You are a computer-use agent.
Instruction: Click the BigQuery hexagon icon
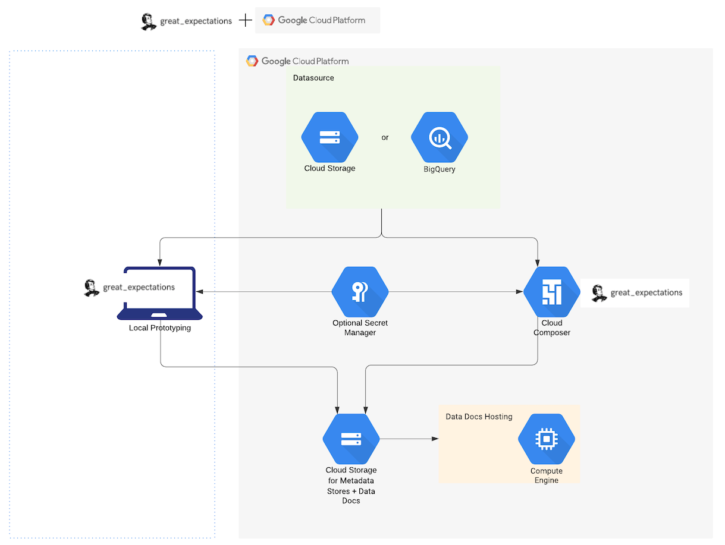[x=440, y=137]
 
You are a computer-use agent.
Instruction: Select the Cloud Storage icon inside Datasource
[x=329, y=137]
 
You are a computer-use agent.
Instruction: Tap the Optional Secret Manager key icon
[x=360, y=292]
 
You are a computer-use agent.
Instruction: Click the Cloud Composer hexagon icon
[x=551, y=292]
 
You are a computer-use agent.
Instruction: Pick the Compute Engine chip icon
[x=546, y=439]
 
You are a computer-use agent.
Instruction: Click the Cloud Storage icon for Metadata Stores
[x=351, y=439]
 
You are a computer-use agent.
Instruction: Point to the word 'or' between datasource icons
[x=385, y=137]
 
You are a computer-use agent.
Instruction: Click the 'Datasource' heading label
[x=313, y=78]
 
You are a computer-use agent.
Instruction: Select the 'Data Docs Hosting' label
[x=479, y=417]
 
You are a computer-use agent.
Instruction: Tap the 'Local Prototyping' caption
[x=160, y=327]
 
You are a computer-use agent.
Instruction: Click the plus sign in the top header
[x=245, y=21]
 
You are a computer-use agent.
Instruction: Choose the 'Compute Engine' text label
[x=546, y=475]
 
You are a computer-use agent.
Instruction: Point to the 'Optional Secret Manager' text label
[x=360, y=327]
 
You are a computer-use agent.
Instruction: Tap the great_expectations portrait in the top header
[x=148, y=21]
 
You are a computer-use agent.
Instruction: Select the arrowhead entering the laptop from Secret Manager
[x=199, y=292]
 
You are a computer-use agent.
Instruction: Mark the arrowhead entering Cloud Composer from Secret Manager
[x=520, y=292]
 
